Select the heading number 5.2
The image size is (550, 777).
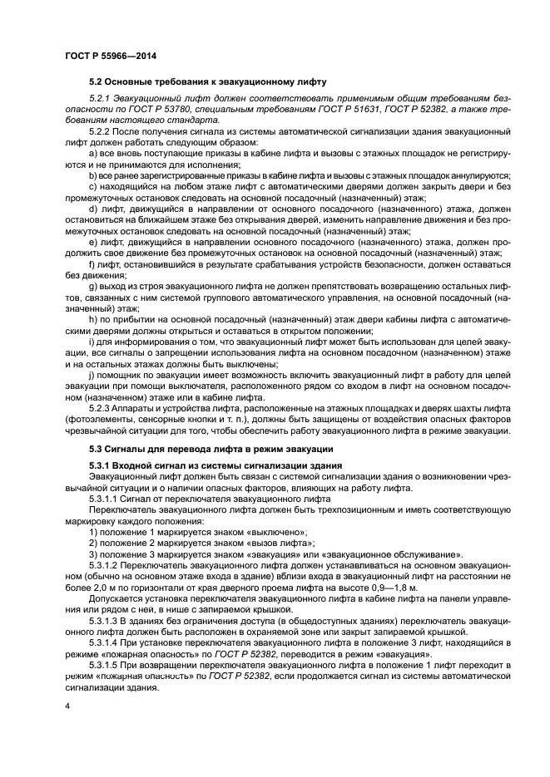[97, 81]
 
